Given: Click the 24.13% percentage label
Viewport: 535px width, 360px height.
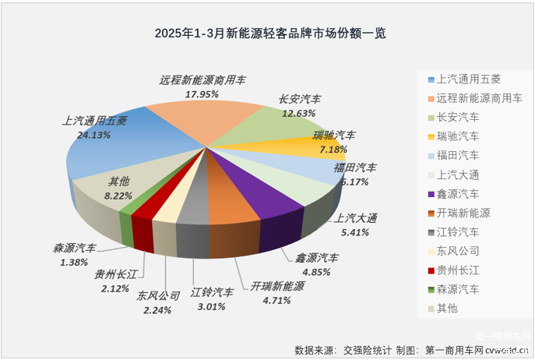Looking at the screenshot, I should (94, 135).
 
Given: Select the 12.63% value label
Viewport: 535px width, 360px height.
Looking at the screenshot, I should (299, 113).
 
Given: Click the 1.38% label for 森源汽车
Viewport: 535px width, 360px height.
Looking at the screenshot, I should (75, 263).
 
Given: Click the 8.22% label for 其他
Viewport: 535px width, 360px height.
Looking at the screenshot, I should (119, 197).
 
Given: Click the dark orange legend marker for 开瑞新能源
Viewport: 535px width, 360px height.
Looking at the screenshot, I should (431, 213).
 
